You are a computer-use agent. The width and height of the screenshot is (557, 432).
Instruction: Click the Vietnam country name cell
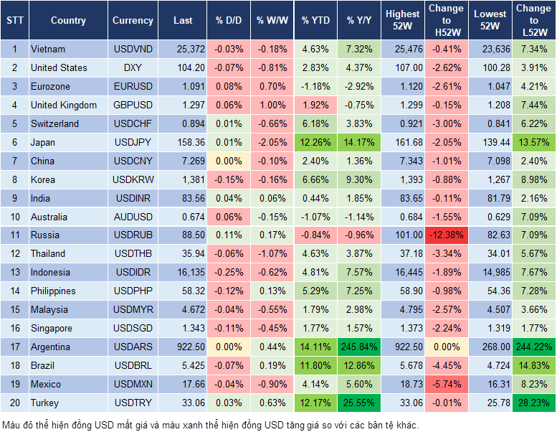[48, 50]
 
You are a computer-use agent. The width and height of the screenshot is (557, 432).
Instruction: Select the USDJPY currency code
[133, 143]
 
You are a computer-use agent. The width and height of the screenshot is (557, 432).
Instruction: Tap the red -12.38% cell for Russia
[446, 235]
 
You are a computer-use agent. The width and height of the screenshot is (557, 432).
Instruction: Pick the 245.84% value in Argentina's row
[359, 347]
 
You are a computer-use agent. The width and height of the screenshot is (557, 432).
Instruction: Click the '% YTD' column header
[315, 21]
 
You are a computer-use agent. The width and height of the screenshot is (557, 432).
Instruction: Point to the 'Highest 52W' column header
[402, 21]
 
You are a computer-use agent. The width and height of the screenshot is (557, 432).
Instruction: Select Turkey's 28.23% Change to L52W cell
[533, 403]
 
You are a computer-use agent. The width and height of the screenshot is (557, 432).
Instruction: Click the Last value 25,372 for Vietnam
[183, 50]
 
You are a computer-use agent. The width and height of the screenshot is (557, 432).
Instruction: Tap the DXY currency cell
[133, 68]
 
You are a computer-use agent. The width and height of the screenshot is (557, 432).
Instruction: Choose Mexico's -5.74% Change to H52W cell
[446, 385]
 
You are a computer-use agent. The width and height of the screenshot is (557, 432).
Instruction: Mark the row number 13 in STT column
[14, 273]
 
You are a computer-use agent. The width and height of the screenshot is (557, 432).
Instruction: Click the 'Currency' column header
[133, 21]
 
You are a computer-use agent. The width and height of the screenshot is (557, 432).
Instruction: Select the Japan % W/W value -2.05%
[271, 143]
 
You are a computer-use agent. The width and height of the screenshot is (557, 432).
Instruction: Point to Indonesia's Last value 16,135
[183, 273]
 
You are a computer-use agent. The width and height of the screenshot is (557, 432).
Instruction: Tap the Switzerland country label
[54, 124]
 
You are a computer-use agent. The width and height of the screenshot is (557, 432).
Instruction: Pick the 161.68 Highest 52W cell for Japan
[402, 143]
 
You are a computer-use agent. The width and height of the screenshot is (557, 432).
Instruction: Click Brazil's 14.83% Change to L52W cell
[533, 366]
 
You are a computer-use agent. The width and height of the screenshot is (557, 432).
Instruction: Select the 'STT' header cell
[14, 21]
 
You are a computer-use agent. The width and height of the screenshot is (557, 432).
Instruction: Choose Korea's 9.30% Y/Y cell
[359, 180]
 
